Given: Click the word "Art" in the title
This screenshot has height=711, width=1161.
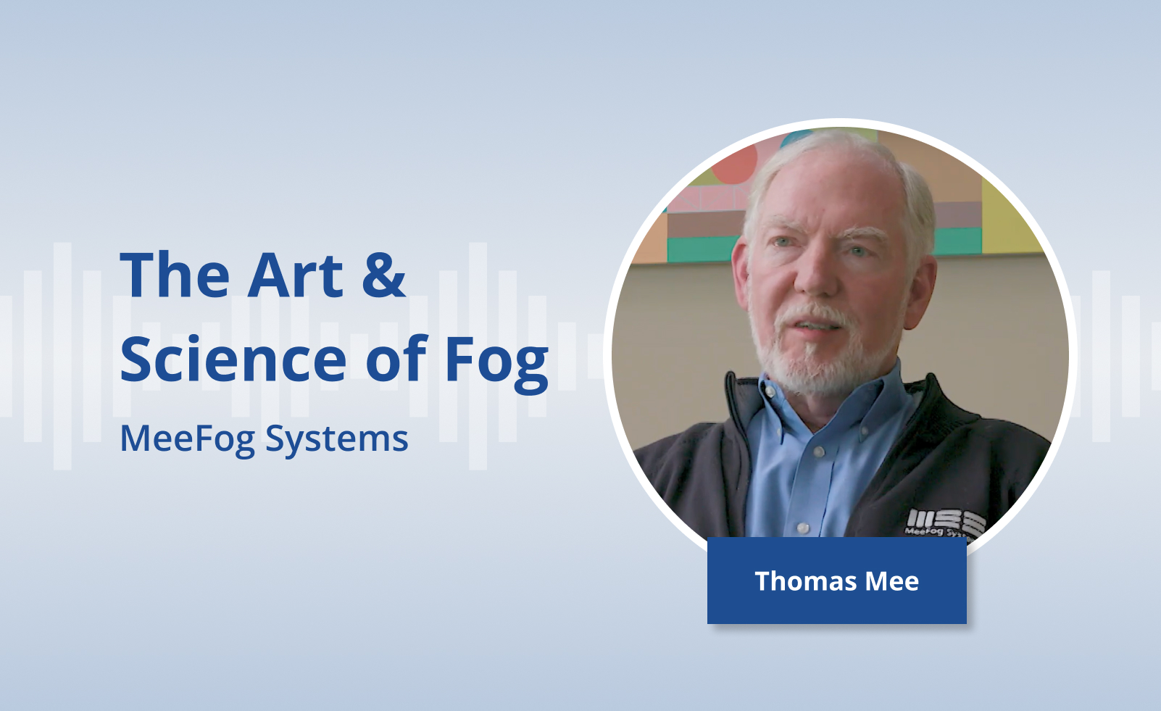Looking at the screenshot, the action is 296,275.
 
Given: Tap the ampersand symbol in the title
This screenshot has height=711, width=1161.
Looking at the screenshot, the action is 383,275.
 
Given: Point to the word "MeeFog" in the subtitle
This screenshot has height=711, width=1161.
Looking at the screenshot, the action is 188,439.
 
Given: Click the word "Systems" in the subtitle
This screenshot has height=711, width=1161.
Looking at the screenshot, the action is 337,439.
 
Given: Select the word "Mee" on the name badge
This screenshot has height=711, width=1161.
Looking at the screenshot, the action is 891,581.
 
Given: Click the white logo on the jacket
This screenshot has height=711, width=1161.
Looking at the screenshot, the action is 944,523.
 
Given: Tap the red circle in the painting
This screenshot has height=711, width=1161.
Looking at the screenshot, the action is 734,165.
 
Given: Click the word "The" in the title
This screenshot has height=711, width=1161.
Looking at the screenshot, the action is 175,275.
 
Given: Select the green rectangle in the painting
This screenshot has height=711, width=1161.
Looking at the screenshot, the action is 702,249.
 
